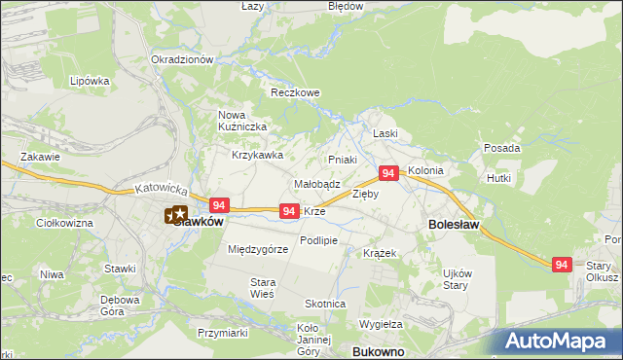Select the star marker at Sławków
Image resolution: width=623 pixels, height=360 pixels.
[177, 214]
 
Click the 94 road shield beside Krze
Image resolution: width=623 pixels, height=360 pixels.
[289, 211]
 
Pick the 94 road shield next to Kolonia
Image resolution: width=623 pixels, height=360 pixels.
[387, 173]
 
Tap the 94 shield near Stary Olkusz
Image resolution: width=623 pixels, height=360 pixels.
[561, 265]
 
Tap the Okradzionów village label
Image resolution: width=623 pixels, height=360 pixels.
[182, 59]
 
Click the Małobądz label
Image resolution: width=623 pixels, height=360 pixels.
[316, 184]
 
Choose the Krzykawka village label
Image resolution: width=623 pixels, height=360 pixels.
[257, 155]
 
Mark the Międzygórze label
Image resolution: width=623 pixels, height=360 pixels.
[258, 249]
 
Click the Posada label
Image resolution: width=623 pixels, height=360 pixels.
[501, 149]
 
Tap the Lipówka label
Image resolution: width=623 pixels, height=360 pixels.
[90, 81]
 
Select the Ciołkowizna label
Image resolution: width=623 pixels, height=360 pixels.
[63, 224]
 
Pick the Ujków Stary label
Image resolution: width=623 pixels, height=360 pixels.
[458, 278]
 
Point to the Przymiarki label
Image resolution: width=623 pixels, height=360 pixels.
[222, 333]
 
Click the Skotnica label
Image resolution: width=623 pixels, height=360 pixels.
[325, 304]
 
